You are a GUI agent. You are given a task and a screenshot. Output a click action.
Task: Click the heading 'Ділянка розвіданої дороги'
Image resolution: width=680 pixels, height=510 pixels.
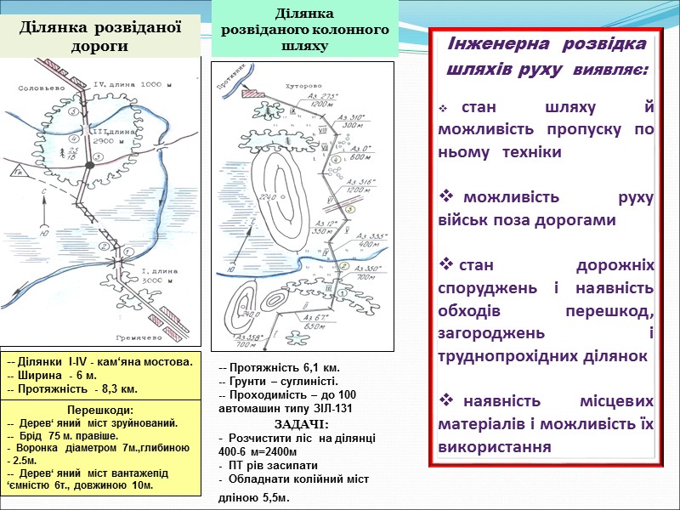click(x=101, y=36)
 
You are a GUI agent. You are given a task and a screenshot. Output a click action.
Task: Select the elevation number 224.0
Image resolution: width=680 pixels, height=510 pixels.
click(x=270, y=198)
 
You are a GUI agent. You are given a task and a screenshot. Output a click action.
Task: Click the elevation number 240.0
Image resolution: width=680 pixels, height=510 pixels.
click(x=248, y=313)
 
